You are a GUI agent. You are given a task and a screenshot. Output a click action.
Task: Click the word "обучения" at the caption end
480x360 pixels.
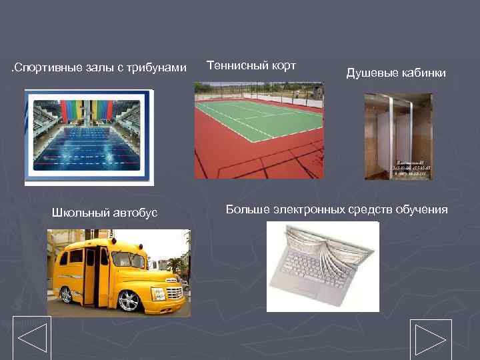pyautogui.click(x=424, y=210)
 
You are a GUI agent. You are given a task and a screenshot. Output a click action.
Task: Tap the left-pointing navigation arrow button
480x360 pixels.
pyautogui.click(x=32, y=338)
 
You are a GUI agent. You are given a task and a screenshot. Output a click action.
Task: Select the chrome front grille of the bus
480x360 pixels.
pyautogui.click(x=173, y=291)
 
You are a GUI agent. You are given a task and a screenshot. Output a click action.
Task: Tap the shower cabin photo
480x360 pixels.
pyautogui.click(x=398, y=136)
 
